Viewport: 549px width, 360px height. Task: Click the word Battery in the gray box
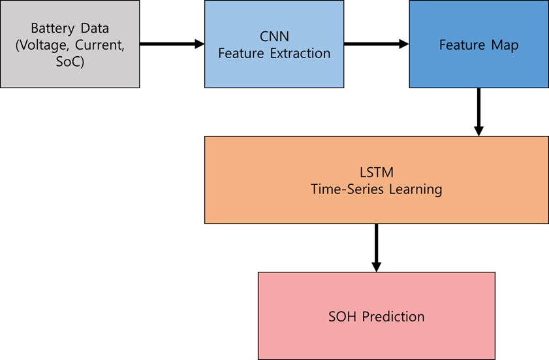[52, 29]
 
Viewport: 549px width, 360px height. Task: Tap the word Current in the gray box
[100, 45]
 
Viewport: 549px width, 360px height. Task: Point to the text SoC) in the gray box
[70, 61]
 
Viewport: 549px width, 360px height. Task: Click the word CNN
[274, 37]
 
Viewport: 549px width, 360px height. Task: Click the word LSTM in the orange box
[377, 172]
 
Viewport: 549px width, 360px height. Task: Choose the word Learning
[416, 190]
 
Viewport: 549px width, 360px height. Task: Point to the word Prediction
[393, 317]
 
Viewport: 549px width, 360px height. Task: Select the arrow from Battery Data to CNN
[172, 44]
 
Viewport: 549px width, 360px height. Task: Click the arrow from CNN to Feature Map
[377, 44]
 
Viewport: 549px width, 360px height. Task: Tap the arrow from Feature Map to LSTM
[478, 112]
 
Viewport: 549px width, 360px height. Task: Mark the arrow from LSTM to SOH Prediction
[377, 248]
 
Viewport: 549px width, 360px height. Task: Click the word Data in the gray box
[95, 29]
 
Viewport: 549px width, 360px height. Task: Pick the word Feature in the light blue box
[241, 54]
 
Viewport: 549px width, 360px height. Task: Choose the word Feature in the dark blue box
[462, 45]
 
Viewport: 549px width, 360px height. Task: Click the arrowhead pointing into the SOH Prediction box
[377, 267]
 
